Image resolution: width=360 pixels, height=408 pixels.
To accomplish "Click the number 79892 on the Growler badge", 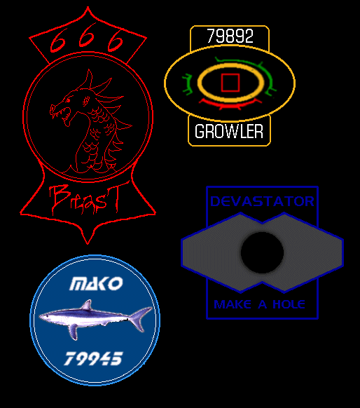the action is (x=230, y=36).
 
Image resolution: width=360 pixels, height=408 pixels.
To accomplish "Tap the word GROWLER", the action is (x=229, y=131).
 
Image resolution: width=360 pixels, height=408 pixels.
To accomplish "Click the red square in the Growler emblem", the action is (x=230, y=83).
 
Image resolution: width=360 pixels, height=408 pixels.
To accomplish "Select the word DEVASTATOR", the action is (x=262, y=201).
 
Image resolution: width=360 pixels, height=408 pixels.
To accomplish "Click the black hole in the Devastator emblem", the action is (x=262, y=252).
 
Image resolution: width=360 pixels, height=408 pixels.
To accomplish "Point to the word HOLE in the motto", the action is (x=289, y=304).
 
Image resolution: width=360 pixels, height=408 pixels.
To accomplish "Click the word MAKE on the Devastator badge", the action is (x=233, y=304).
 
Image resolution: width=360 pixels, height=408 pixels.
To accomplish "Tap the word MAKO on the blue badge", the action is (x=96, y=283).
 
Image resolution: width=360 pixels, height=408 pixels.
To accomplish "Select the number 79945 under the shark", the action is (x=93, y=358).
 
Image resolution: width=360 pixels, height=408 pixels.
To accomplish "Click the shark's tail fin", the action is (x=141, y=319).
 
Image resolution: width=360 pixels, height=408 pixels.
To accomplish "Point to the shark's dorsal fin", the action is (x=87, y=304).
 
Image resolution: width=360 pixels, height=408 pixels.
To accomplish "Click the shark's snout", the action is (x=41, y=316).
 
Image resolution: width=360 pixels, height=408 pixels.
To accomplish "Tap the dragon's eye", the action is (x=68, y=100).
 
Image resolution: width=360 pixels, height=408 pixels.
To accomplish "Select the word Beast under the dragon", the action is (x=85, y=199).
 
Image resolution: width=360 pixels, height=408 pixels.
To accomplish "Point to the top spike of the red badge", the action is (x=88, y=7).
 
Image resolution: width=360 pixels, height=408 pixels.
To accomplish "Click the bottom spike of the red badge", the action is (x=88, y=243).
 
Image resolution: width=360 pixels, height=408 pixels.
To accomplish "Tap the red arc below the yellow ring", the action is (x=230, y=104).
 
